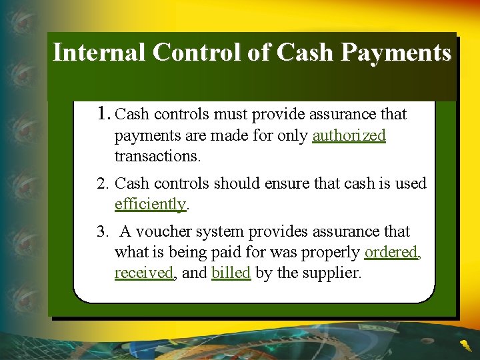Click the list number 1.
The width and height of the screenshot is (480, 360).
103,114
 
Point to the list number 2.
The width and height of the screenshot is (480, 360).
103,183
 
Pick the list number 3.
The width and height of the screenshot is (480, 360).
102,232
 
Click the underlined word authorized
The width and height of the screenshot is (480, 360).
349,136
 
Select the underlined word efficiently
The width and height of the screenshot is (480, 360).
150,205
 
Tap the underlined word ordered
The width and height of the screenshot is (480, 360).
391,253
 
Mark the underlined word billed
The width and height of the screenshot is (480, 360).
231,273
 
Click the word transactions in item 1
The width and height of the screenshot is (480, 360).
157,157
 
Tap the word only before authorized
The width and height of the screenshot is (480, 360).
295,136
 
